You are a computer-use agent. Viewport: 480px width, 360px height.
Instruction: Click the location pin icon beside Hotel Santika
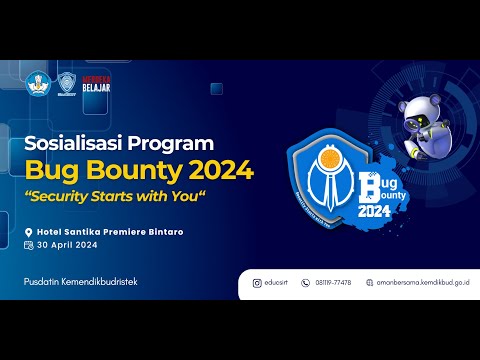click(29, 231)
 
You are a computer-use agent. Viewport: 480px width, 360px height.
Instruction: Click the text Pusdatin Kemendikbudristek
click(81, 282)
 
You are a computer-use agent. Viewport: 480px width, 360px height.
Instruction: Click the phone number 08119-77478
click(333, 282)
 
